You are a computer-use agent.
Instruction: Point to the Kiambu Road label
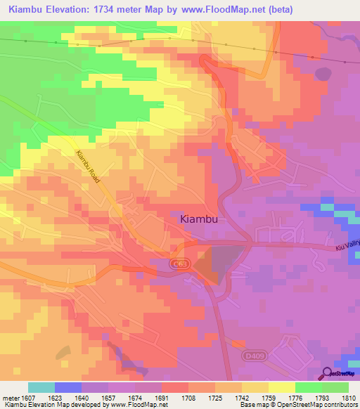[88, 168]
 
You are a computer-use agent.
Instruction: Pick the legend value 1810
[349, 397]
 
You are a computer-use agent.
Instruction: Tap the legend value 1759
[259, 397]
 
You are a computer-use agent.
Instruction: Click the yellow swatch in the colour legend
[282, 387]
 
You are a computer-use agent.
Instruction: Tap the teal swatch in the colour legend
[41, 387]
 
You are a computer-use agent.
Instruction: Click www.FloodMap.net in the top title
[219, 9]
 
